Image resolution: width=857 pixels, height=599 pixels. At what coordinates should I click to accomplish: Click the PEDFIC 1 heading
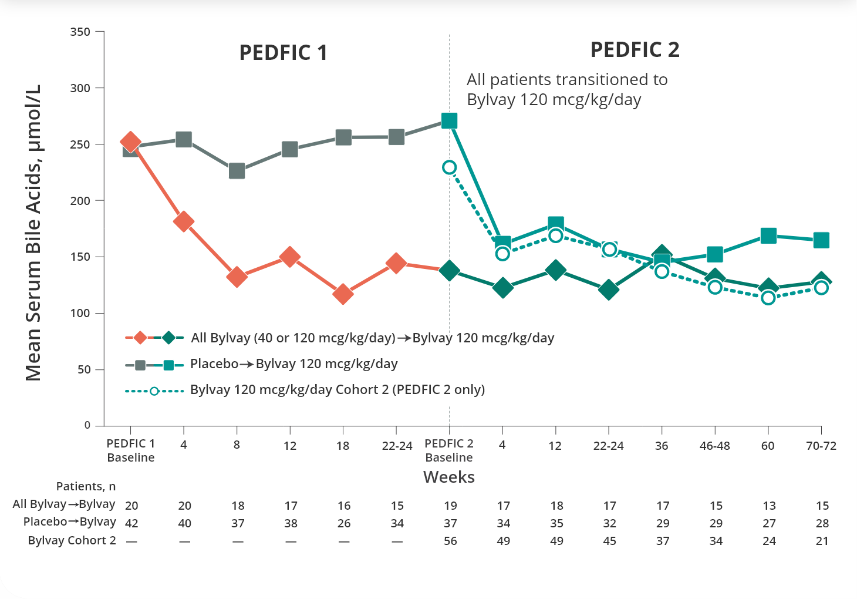tap(283, 53)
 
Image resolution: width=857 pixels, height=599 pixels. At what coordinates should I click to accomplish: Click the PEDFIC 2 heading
tap(635, 50)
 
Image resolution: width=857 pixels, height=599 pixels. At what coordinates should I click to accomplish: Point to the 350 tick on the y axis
tap(80, 32)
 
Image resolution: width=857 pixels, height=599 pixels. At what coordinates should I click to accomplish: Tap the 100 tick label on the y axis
tap(80, 313)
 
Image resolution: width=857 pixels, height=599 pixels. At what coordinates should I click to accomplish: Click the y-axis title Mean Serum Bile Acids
tap(33, 233)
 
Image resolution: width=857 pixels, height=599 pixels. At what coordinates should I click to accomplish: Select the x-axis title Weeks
tap(449, 477)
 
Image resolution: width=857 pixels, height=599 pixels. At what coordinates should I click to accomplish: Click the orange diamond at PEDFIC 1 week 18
tap(343, 294)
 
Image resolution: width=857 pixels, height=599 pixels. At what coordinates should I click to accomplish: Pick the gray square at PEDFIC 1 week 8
tap(237, 171)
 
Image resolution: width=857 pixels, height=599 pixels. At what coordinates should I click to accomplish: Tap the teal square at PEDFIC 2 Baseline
tap(449, 121)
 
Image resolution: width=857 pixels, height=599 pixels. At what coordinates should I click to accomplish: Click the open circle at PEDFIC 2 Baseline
tap(449, 167)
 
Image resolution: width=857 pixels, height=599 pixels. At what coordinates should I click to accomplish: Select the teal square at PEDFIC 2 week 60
tap(768, 235)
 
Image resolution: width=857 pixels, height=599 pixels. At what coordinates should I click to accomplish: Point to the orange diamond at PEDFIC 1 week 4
tap(184, 222)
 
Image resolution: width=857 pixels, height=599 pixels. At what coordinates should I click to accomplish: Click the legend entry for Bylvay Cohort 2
tap(337, 390)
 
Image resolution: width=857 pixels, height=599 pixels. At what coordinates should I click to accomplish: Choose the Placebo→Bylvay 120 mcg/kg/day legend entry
tap(293, 364)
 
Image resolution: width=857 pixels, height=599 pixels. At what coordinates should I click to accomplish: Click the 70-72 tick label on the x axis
tap(821, 446)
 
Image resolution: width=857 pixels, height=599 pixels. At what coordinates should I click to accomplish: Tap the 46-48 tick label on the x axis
tap(714, 446)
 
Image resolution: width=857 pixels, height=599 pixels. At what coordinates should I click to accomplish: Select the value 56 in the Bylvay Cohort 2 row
tap(450, 541)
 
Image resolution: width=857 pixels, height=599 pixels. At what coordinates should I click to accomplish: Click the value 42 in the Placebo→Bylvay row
tap(131, 523)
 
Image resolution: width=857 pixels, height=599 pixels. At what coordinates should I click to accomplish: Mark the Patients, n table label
tap(86, 486)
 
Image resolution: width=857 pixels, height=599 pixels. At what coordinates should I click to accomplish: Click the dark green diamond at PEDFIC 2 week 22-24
tap(609, 290)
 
